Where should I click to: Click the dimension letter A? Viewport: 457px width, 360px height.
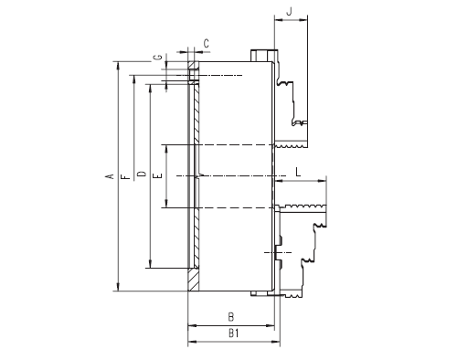pos(111,176)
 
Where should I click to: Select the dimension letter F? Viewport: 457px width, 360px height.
pos(125,176)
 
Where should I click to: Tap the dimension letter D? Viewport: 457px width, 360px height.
pos(142,174)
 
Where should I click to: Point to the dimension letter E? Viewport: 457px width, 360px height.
pos(158,175)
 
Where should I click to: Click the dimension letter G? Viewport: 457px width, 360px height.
pos(157,57)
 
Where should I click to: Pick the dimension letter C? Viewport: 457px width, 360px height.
pos(207,44)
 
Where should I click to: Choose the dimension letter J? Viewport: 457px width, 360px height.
pos(290,11)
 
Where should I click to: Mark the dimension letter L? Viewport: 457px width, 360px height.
pos(298,172)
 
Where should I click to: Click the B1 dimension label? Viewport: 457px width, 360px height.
pos(233,334)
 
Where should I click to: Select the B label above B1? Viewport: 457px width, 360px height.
pos(231,317)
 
